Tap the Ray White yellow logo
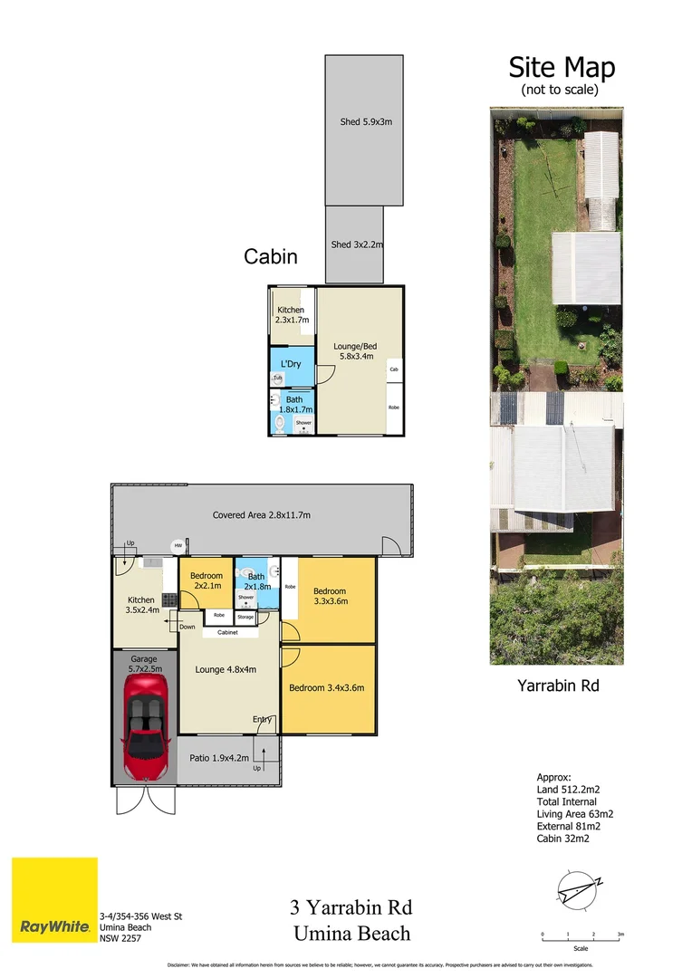click(54, 900)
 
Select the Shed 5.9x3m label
click(366, 122)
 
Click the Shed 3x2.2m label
click(357, 244)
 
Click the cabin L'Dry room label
click(291, 364)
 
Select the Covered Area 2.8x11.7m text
click(262, 515)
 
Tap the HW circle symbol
click(178, 545)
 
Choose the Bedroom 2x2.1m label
click(207, 580)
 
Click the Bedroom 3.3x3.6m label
click(329, 597)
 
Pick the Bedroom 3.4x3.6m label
click(326, 687)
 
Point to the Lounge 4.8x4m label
click(226, 670)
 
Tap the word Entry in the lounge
click(263, 719)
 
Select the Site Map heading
click(561, 68)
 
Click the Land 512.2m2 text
click(573, 789)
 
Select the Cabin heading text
click(270, 256)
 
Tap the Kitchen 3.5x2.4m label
click(143, 605)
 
